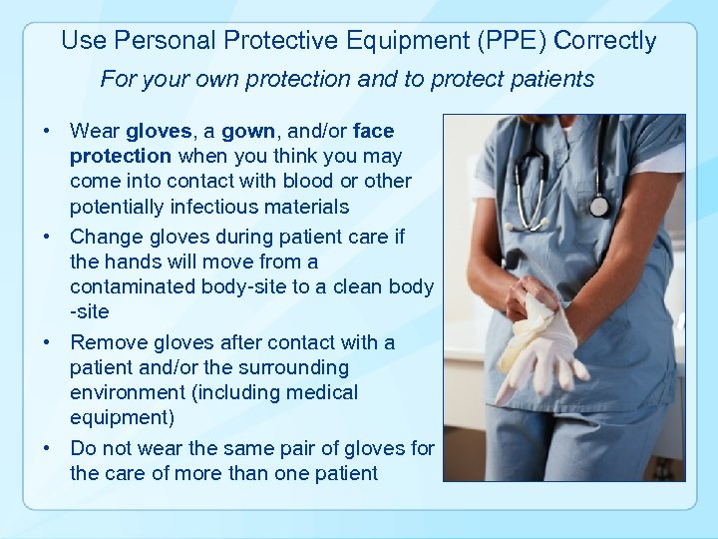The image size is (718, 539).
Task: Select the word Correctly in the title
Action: pos(605,41)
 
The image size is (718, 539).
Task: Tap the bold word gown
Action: pos(248,131)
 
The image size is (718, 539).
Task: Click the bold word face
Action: pos(374,131)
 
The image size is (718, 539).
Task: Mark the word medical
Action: pos(322,392)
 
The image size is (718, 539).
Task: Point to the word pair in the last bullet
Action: pos(305,448)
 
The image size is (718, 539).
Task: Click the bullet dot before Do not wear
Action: pos(47,448)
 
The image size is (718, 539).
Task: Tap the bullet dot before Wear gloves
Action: pos(47,131)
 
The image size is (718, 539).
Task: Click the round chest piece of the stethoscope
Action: pos(598,206)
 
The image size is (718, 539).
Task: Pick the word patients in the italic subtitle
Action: pos(553,79)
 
